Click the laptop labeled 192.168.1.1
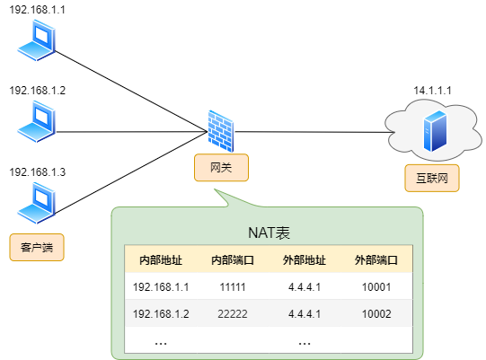(x=37, y=40)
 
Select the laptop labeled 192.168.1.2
(x=37, y=122)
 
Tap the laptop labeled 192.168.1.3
(x=37, y=203)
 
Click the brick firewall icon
(x=221, y=131)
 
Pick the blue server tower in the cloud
(x=435, y=131)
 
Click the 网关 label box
(x=221, y=168)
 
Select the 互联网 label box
(x=432, y=178)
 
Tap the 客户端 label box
(x=37, y=247)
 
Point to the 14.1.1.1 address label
(x=432, y=91)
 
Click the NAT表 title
(x=269, y=233)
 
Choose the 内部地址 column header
(x=161, y=260)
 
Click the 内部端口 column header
(x=233, y=260)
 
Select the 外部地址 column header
(x=305, y=260)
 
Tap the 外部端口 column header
(x=376, y=260)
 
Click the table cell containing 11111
(x=233, y=287)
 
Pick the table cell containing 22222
(x=233, y=314)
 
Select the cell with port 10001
(x=376, y=287)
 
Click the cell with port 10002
(x=376, y=314)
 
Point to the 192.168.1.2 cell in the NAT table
(x=161, y=314)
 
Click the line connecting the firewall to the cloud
(x=314, y=132)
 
